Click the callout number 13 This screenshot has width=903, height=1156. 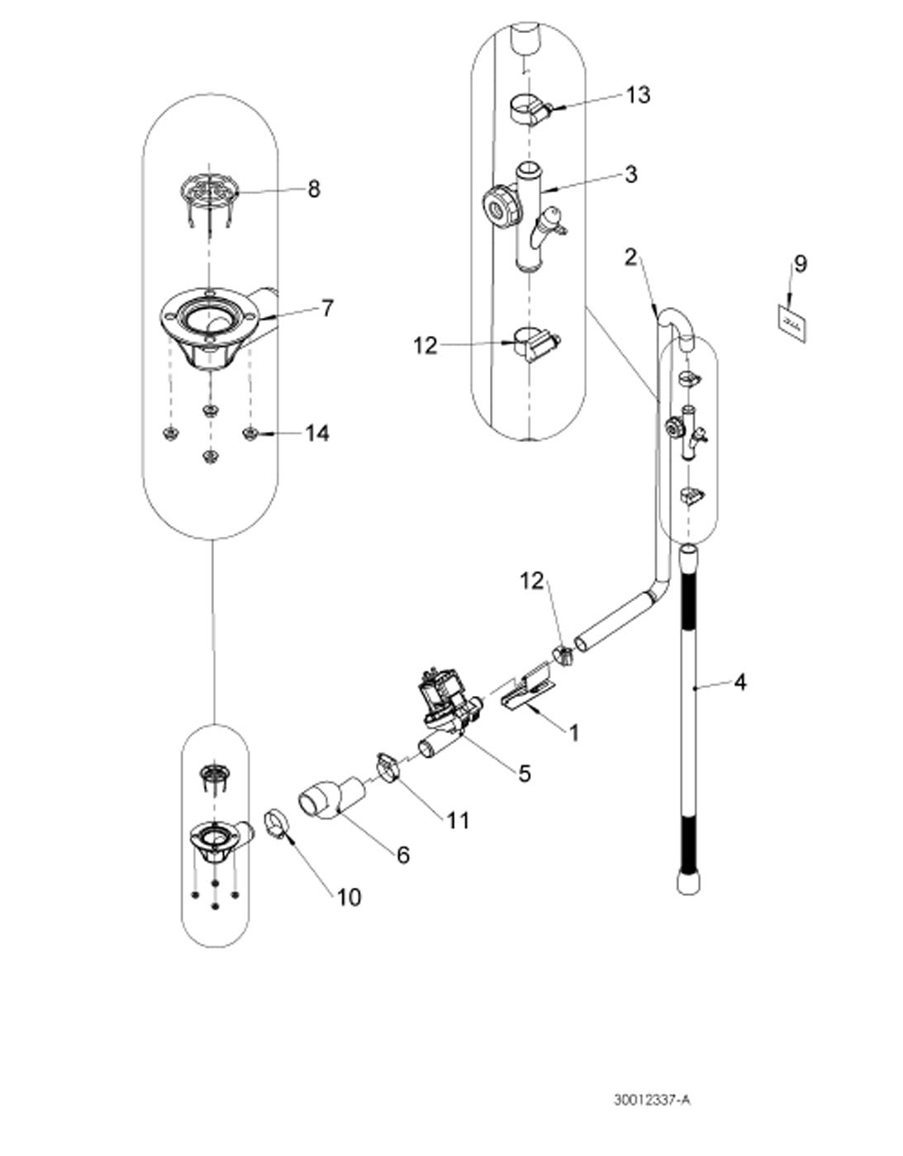637,95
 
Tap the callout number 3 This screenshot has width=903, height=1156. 630,174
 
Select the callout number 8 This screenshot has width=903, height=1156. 313,189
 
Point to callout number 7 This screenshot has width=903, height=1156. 327,308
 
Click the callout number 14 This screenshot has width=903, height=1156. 317,433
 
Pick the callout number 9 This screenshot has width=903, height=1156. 799,263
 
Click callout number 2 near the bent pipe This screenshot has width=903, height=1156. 631,257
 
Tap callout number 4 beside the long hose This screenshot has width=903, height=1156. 740,682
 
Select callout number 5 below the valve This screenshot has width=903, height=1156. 524,773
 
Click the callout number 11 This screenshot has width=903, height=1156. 457,820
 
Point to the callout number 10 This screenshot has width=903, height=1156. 349,897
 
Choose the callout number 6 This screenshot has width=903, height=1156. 402,855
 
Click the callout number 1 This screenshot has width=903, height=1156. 573,732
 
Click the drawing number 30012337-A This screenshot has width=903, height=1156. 651,1100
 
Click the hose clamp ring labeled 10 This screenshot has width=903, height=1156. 276,823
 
